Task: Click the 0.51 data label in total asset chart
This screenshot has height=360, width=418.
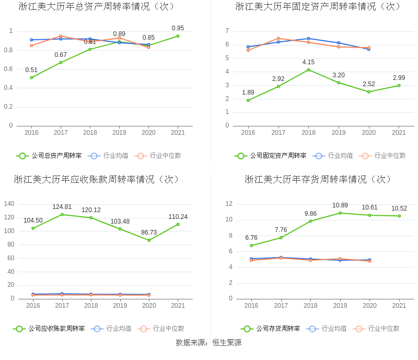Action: click(31, 71)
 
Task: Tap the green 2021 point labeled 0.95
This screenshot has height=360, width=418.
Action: click(178, 36)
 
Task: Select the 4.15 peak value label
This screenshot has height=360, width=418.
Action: click(308, 62)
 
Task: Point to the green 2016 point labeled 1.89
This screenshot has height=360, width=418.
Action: click(248, 100)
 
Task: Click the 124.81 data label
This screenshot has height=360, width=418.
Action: click(62, 207)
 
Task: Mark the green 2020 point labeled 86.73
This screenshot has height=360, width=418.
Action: click(149, 240)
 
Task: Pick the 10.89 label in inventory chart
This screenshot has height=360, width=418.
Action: click(340, 205)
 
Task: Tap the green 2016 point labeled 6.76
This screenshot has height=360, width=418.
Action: click(251, 246)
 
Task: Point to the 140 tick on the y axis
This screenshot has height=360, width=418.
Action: click(8, 204)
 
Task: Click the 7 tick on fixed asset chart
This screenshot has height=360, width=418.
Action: click(227, 31)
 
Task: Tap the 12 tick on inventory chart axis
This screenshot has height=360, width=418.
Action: click(228, 204)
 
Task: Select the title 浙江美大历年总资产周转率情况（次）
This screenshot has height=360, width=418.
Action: click(97, 7)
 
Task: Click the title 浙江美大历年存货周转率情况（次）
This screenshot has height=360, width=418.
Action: click(318, 179)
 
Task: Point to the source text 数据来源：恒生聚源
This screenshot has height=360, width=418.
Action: click(208, 343)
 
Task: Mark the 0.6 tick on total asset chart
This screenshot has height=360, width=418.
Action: click(8, 69)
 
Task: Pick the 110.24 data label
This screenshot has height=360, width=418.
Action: click(178, 217)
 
